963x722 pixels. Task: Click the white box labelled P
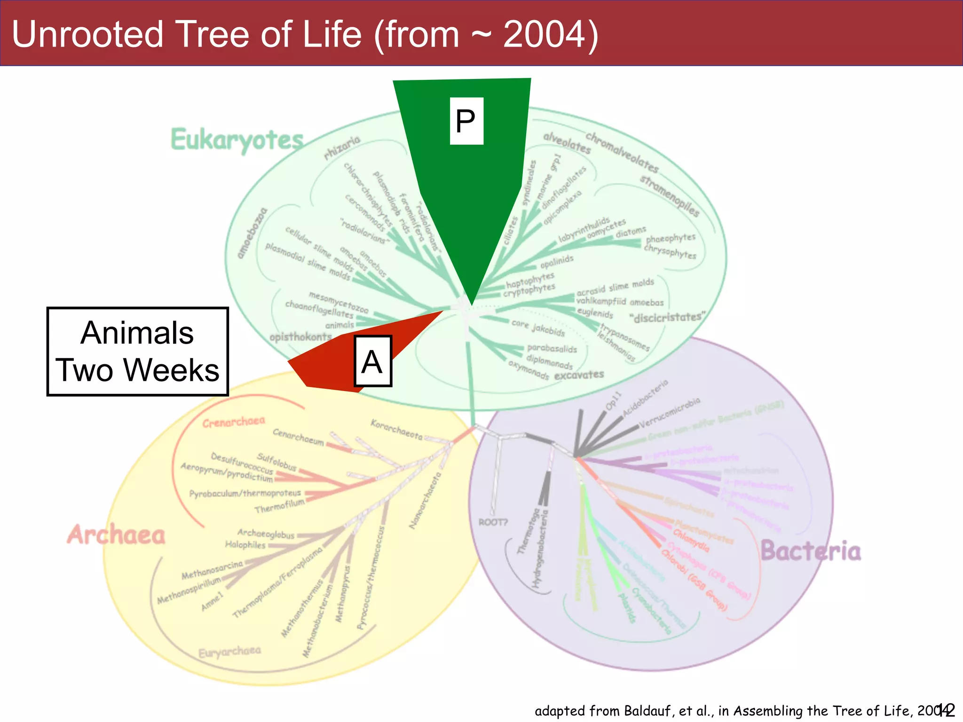[466, 121]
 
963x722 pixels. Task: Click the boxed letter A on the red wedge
[372, 361]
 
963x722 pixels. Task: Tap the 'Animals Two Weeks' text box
[137, 352]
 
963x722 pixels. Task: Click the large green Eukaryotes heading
[237, 140]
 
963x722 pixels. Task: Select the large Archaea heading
[116, 535]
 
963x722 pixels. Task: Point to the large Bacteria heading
[811, 551]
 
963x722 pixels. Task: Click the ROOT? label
[493, 522]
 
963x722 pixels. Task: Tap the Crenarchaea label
[234, 422]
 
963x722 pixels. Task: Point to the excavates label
[579, 375]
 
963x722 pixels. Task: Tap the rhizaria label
[342, 147]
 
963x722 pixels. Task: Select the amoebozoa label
[252, 233]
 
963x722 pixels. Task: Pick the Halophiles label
[245, 545]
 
